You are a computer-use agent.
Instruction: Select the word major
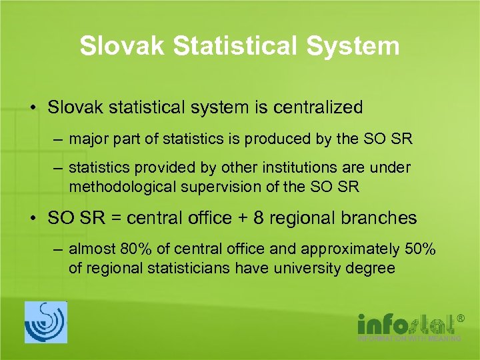coord(85,139)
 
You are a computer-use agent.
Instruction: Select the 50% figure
coord(420,251)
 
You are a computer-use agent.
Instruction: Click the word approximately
coord(351,251)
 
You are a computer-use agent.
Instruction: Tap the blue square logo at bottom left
coord(45,323)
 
